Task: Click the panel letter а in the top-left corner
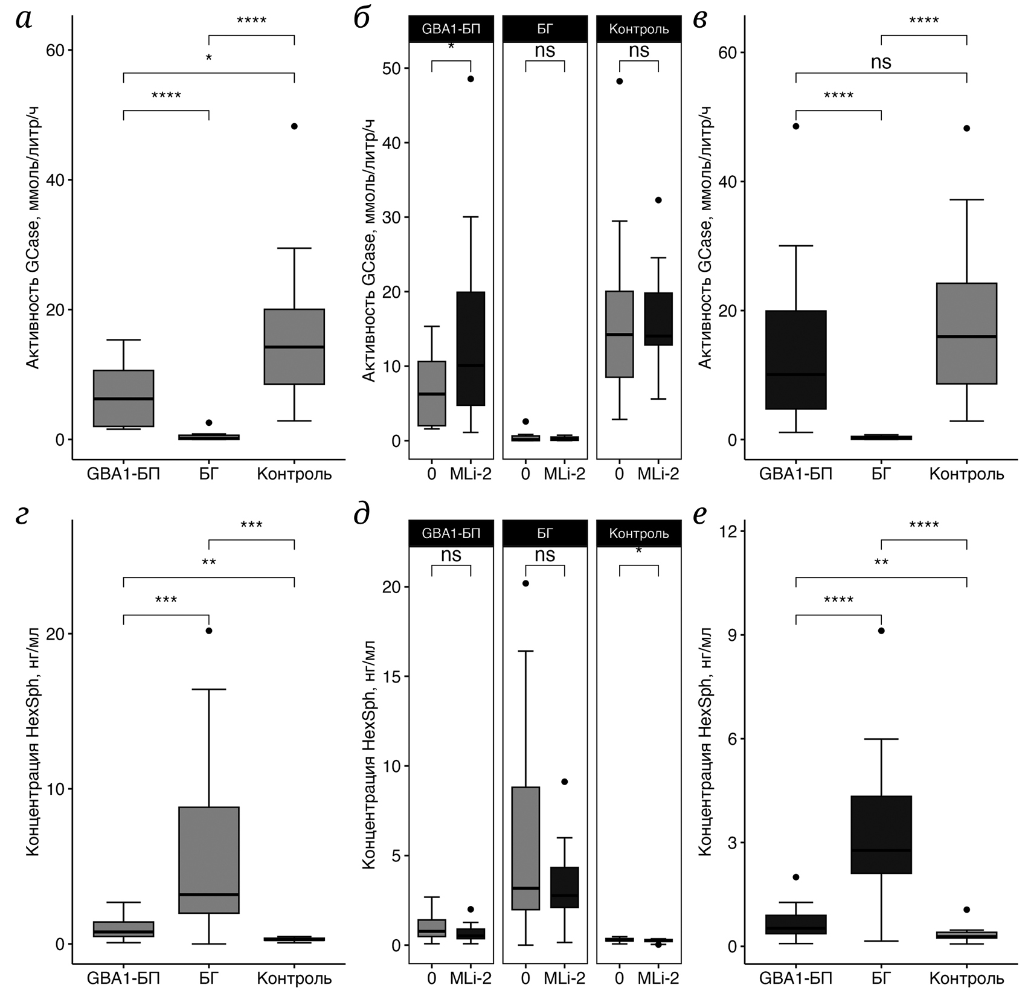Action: (x=24, y=20)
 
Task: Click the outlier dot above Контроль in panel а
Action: (x=294, y=126)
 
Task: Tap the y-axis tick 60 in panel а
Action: (x=55, y=50)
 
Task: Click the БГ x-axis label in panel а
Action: (x=208, y=474)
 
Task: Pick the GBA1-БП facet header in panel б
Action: (x=451, y=29)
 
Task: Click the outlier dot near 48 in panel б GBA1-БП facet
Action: (x=471, y=79)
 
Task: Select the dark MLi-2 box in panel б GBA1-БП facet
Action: (x=471, y=349)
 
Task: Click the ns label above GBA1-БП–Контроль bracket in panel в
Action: (x=881, y=62)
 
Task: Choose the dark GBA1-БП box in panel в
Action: (x=796, y=360)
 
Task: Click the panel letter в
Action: (x=700, y=20)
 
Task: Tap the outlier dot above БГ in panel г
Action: (x=209, y=631)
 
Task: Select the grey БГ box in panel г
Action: (x=209, y=860)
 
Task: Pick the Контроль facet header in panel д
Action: (x=639, y=533)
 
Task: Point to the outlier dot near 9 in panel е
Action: (x=881, y=631)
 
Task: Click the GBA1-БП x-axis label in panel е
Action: (x=796, y=978)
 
